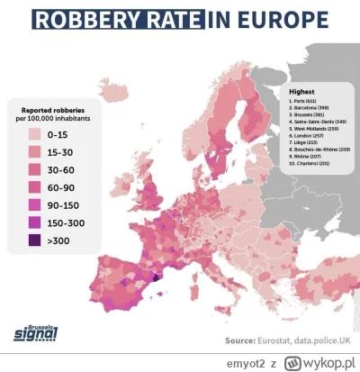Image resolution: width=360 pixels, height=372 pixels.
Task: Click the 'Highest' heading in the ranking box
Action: point(301,92)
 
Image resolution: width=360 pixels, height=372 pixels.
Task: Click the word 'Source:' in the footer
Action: point(241,341)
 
